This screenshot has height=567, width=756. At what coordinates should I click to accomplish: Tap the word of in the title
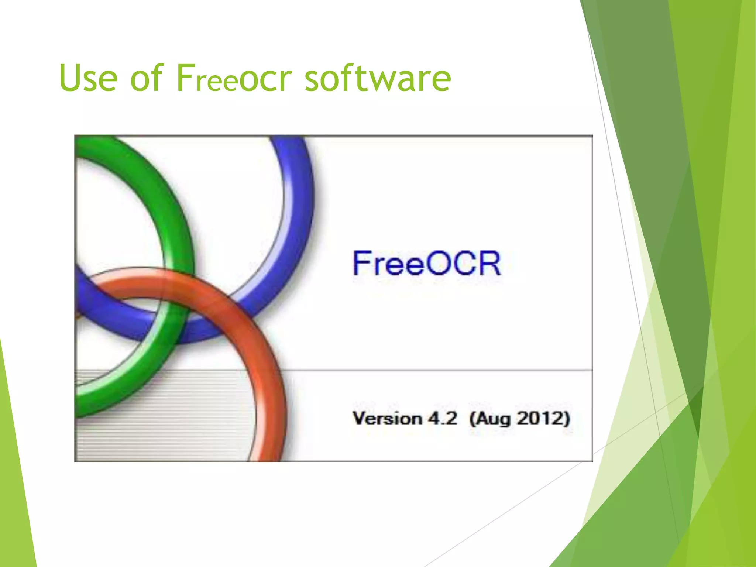tap(146, 78)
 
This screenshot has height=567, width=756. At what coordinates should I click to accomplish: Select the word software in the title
tap(377, 78)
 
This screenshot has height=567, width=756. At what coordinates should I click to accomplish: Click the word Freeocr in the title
tap(234, 78)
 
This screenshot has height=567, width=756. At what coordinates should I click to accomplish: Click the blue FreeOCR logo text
tap(427, 263)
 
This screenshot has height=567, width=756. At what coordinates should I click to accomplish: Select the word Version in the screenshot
tap(387, 419)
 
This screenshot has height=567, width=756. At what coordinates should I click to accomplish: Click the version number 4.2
tap(443, 419)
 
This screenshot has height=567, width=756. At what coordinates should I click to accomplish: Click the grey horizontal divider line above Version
tap(443, 370)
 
